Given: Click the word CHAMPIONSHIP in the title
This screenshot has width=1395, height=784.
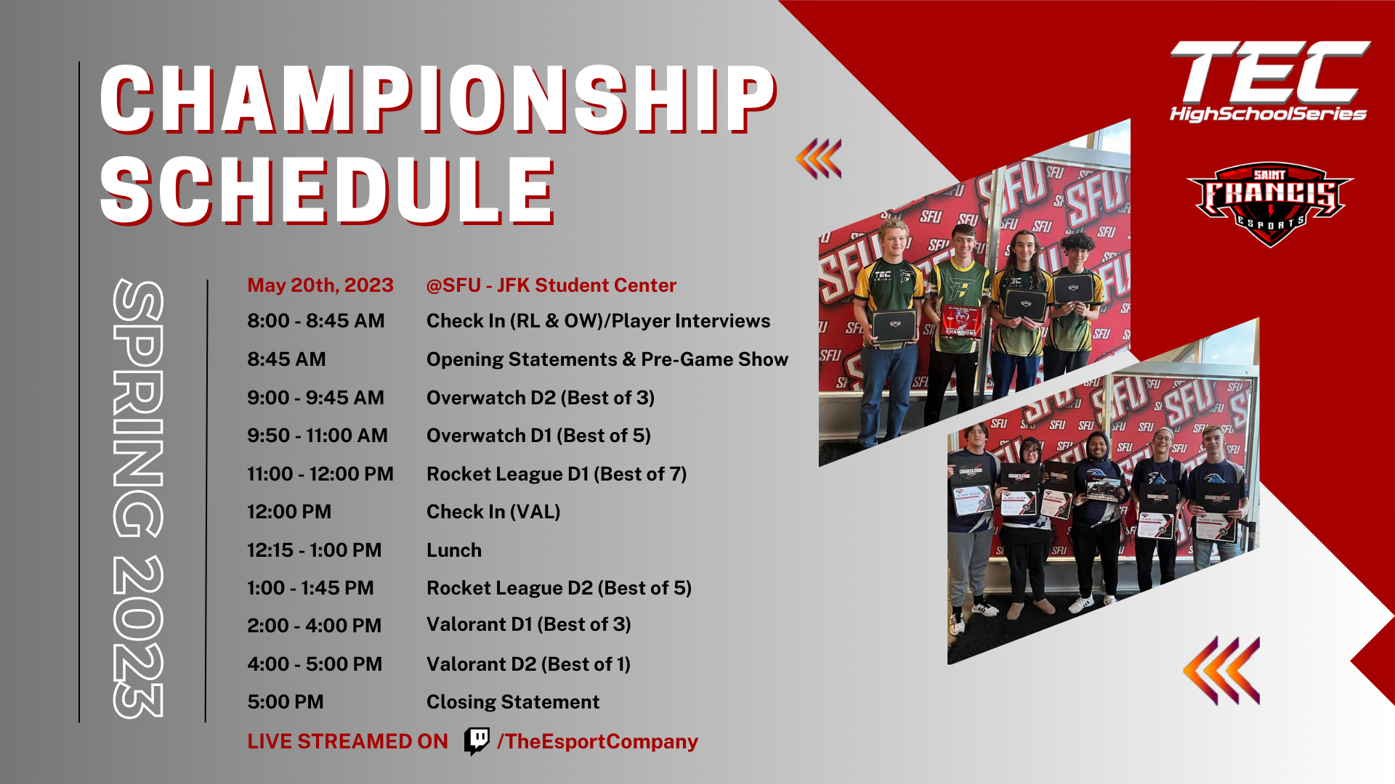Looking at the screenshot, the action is point(438,99).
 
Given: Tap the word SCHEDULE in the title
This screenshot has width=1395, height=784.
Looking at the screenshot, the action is point(327,190).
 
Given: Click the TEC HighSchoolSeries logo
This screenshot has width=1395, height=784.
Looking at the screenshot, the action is point(1269,81).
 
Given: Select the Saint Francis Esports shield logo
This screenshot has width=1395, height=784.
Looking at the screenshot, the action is point(1270,204).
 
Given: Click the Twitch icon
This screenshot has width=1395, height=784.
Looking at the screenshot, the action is point(477,742).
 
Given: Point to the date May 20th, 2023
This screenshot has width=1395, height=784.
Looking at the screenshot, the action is point(320,285).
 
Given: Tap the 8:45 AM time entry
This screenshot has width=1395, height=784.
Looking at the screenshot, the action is point(286,359).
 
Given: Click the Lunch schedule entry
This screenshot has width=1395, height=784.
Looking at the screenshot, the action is point(454,550).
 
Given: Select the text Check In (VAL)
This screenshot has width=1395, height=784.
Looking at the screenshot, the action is point(493,513).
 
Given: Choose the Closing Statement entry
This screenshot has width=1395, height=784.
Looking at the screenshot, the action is point(513,702).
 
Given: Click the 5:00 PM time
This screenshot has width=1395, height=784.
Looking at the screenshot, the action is point(286,702).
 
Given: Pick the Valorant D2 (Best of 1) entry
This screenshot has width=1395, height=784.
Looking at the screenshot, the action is point(528,664).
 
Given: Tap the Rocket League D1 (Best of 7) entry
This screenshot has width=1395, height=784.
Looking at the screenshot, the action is point(557,474).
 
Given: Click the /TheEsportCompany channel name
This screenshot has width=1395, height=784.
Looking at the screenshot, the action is point(597,742).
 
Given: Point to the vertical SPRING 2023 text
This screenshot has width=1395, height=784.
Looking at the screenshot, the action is point(139,499).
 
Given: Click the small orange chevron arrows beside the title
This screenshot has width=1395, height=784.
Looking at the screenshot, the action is point(819,158).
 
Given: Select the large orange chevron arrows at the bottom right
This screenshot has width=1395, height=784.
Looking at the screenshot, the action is point(1221,671).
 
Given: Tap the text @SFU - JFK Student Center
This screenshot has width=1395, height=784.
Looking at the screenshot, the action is point(551,285).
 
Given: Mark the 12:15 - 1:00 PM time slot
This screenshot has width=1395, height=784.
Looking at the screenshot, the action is point(314,550).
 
